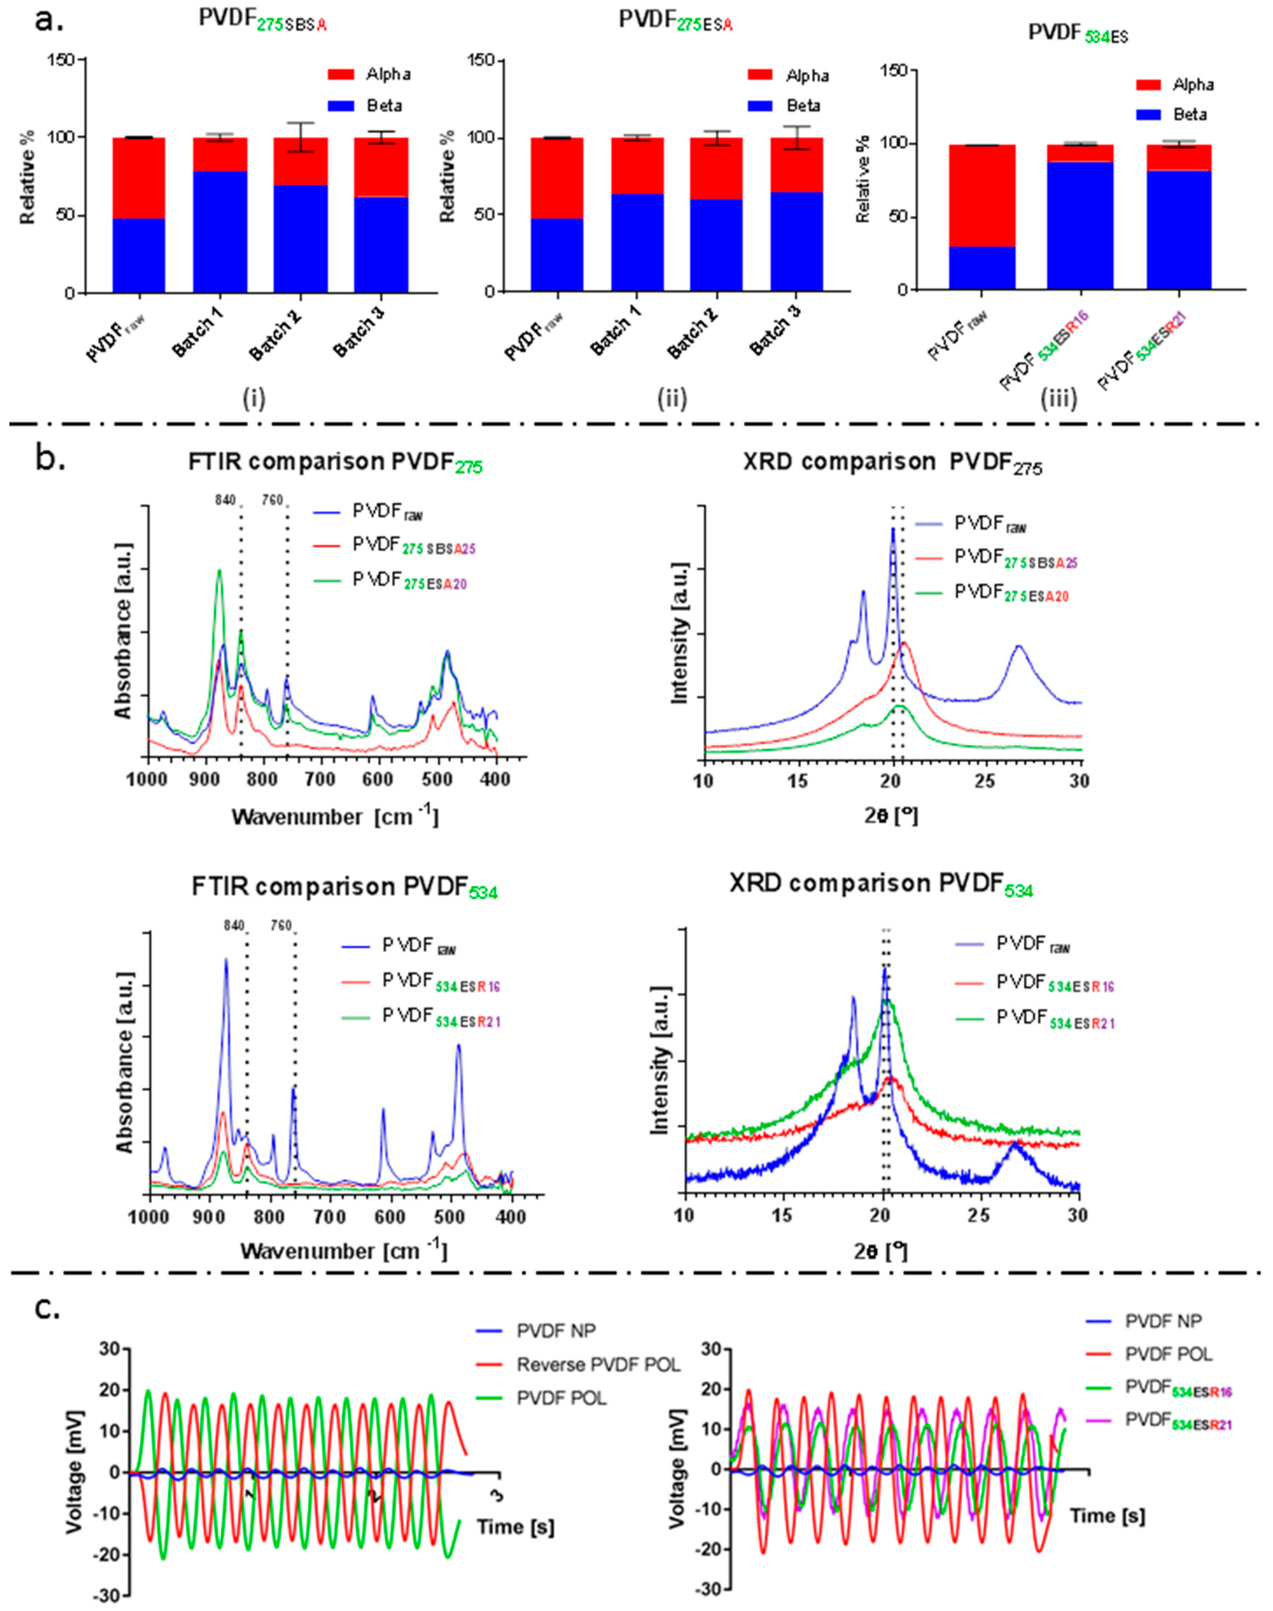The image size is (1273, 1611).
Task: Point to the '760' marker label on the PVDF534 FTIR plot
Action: (x=281, y=925)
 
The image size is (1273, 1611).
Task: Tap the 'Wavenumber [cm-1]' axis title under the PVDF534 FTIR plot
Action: (x=343, y=1250)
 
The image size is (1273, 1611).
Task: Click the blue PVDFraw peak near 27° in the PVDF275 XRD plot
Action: (x=1018, y=647)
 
